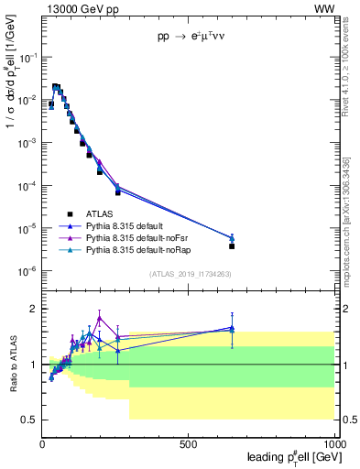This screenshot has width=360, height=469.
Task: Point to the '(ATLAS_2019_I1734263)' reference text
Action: [190, 273]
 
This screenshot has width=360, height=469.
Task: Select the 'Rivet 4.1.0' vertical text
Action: [351, 82]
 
